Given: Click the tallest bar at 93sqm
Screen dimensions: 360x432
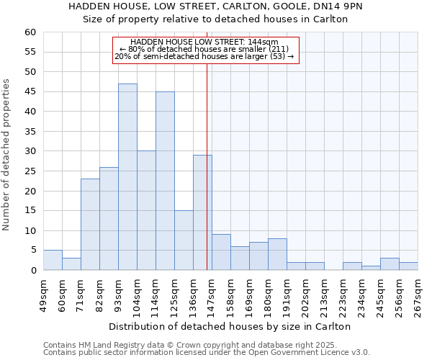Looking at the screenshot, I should tap(127, 176).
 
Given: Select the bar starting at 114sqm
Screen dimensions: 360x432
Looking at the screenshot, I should tap(165, 181).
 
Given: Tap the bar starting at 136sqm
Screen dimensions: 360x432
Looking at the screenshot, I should tap(202, 212).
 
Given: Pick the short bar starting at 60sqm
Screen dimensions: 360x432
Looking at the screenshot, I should tap(71, 264).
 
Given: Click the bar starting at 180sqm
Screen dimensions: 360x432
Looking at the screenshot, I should tap(277, 254).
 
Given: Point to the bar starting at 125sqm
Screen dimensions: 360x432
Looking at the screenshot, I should tap(184, 240).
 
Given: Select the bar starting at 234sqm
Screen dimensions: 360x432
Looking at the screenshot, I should tap(371, 268).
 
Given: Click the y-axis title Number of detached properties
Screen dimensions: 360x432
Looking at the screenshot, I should tap(7, 155).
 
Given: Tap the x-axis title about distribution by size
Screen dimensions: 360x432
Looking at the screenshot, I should tap(230, 326).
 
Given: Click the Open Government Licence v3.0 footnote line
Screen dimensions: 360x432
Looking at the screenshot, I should tap(207, 353).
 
